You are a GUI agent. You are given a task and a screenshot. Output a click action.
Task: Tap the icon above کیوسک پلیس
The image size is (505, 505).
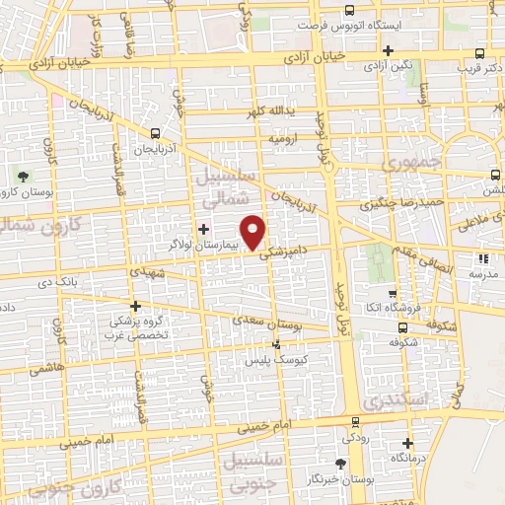point(275,344)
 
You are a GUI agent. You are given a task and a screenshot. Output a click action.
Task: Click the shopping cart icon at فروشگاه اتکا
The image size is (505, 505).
point(394,293)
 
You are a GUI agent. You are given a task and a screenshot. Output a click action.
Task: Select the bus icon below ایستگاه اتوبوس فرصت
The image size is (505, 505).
point(387,51)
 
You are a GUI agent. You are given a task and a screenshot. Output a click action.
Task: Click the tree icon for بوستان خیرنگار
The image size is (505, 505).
point(341,463)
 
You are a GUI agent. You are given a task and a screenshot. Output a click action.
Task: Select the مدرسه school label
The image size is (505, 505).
point(479,271)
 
